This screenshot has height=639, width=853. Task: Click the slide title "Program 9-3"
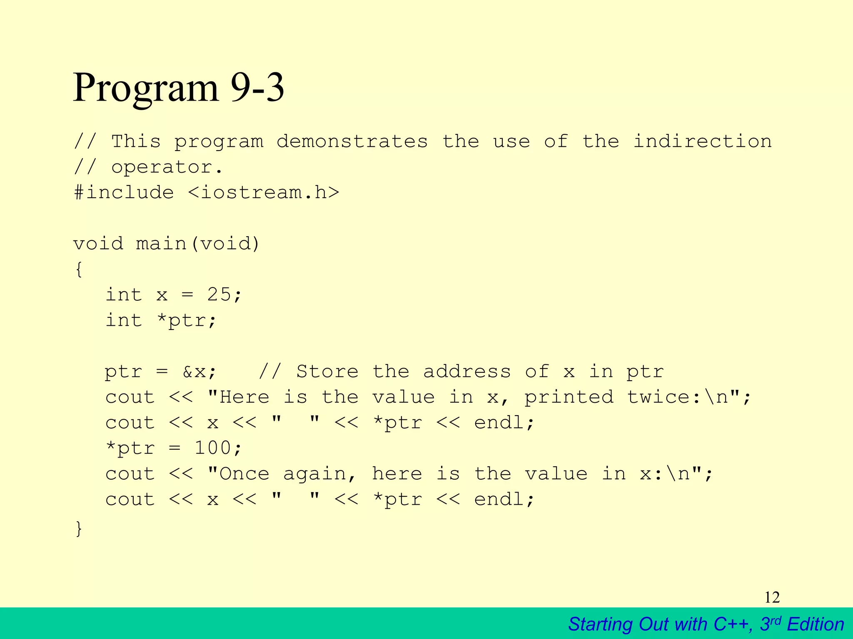click(x=178, y=88)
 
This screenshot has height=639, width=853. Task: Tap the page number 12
click(x=772, y=597)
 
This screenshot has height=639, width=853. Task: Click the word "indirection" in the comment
click(x=702, y=141)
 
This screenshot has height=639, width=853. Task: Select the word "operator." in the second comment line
click(x=167, y=167)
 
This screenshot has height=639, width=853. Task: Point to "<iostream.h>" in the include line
click(x=264, y=193)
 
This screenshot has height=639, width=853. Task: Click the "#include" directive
click(x=124, y=193)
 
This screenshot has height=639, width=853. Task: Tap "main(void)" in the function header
click(x=198, y=243)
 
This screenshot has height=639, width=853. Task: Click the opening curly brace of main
click(x=79, y=269)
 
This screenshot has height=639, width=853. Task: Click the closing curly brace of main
click(x=79, y=528)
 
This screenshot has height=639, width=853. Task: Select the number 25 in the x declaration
click(x=219, y=295)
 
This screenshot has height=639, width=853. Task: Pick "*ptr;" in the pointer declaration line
click(x=187, y=320)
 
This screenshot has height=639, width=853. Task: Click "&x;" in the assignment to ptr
click(x=200, y=372)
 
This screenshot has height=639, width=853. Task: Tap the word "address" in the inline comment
click(x=467, y=372)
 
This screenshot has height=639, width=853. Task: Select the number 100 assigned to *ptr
click(x=212, y=448)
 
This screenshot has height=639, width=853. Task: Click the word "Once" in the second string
click(x=244, y=474)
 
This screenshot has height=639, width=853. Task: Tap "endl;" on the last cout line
click(x=504, y=499)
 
